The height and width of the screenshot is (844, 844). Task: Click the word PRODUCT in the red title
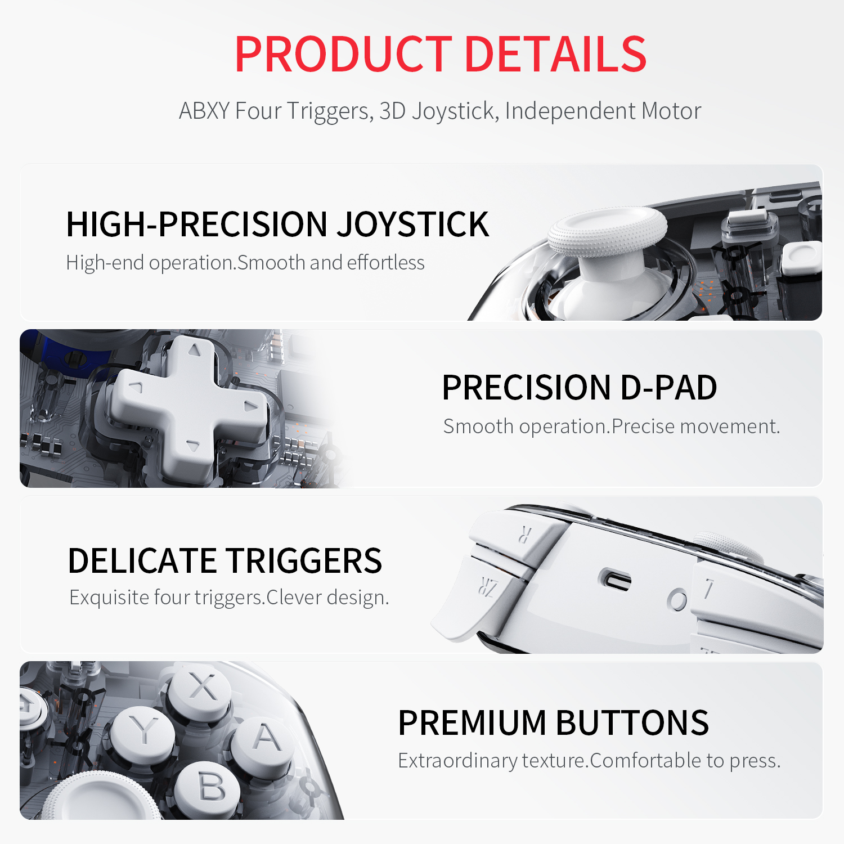tap(343, 54)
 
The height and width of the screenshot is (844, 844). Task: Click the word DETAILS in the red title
tap(556, 54)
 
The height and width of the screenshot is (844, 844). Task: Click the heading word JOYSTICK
tap(413, 225)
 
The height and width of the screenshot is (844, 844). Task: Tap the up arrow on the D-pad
tap(195, 350)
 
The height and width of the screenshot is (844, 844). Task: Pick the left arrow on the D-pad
tap(136, 387)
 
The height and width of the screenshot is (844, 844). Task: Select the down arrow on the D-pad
tap(192, 446)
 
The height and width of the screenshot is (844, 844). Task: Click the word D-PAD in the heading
tap(668, 388)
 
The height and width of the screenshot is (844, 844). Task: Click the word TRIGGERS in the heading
tap(304, 561)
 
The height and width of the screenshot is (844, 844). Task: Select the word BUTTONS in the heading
tap(632, 723)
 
